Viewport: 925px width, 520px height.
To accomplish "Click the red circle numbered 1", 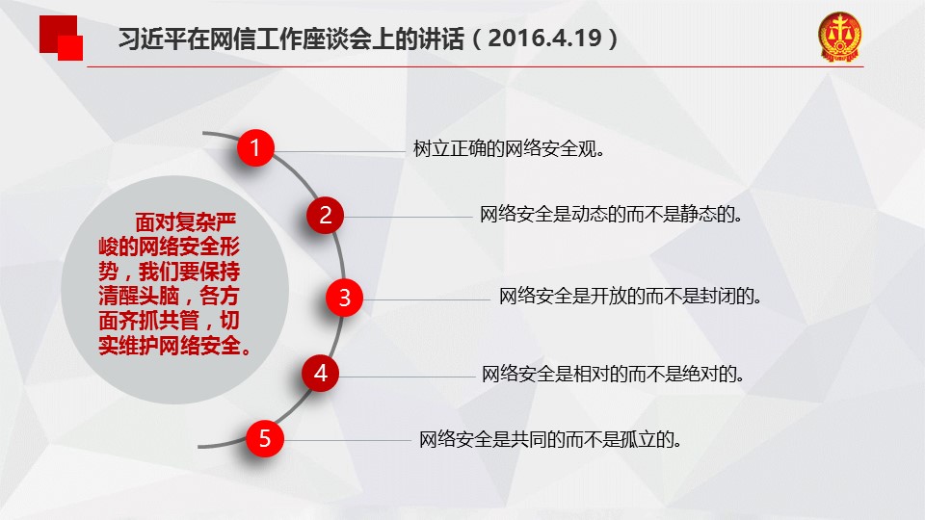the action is [255, 147].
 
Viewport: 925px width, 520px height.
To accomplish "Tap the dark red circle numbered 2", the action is [325, 215].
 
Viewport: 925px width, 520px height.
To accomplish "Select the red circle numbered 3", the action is [345, 298].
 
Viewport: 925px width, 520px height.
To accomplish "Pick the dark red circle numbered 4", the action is [320, 374].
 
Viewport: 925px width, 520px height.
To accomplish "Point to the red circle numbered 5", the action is [265, 439].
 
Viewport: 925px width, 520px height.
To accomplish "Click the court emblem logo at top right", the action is [839, 37].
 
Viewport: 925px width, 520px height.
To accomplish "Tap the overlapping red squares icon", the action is [62, 38].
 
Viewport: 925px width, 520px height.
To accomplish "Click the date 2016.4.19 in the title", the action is [544, 39].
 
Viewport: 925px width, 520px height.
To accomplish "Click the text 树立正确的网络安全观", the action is [509, 148].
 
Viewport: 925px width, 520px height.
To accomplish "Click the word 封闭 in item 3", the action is [718, 296].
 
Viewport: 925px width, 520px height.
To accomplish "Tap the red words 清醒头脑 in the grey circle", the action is [138, 296].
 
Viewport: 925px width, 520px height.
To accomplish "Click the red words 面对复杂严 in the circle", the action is [186, 222].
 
